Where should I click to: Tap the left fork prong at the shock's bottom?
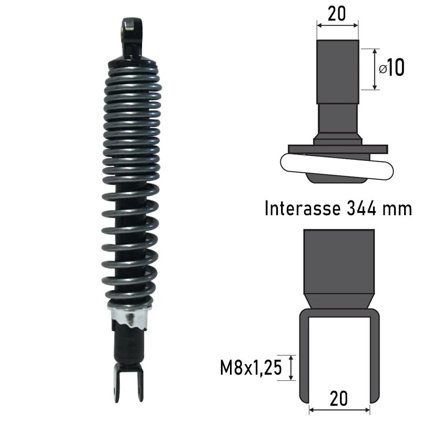(116, 384)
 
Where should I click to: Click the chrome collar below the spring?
(129, 317)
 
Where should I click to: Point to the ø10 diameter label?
(392, 68)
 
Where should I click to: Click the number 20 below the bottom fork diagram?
(338, 398)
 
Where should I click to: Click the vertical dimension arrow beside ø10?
(374, 69)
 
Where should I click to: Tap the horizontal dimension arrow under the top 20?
(337, 24)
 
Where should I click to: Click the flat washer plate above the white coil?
(337, 149)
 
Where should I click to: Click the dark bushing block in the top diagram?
(337, 71)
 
